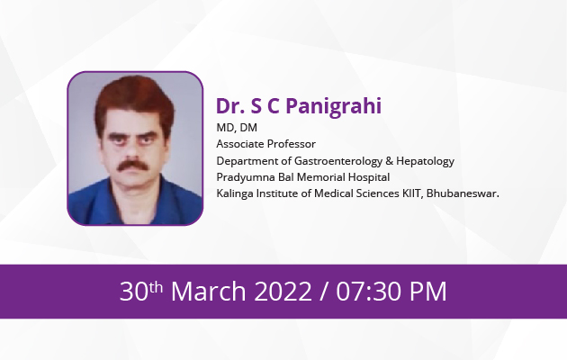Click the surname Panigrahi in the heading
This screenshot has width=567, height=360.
point(334,106)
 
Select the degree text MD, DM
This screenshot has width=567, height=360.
point(237,128)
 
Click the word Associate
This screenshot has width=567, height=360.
point(238,144)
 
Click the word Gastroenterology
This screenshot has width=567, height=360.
point(338,161)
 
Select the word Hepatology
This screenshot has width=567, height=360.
point(425,161)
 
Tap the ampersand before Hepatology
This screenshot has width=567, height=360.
point(390,161)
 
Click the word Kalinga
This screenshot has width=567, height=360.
point(235,193)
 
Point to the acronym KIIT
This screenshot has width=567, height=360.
point(412,193)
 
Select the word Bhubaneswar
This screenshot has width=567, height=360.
point(463,193)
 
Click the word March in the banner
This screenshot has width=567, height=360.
point(209,291)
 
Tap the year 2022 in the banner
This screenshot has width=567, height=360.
point(283,291)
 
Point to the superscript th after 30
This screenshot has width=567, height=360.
point(156,287)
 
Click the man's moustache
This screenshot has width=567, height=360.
point(132,166)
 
